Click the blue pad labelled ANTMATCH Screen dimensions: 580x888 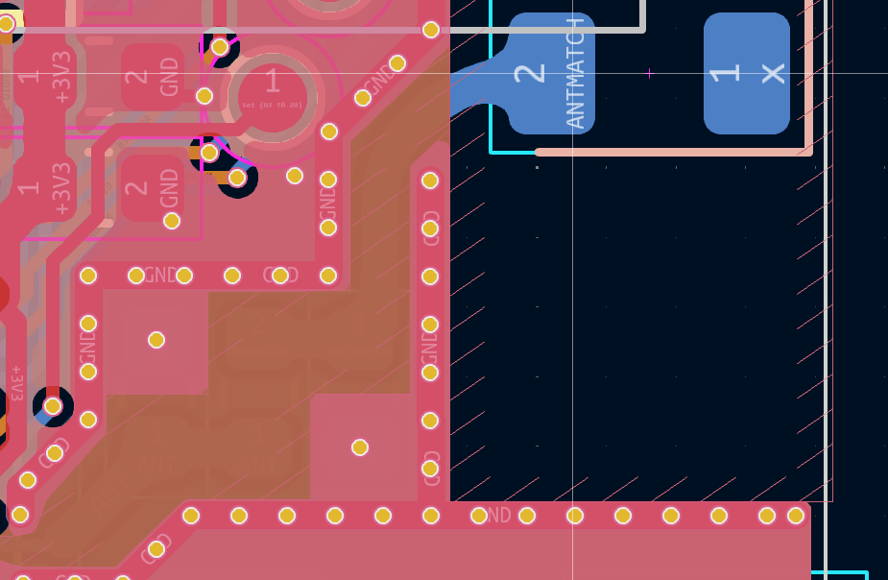point(551,73)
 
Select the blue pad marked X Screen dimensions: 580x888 point(746,73)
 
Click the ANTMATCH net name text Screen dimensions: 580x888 point(575,73)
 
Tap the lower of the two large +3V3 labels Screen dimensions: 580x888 point(62,188)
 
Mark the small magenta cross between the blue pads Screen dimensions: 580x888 point(650,73)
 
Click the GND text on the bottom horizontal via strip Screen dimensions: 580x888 point(497,516)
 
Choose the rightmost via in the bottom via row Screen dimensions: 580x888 point(795,516)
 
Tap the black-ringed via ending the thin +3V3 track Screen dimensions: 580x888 point(53,406)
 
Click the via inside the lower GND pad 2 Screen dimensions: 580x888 point(172,221)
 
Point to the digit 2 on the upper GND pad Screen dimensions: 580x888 point(137,77)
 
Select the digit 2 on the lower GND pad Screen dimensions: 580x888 point(137,188)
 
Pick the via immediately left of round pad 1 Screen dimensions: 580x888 point(204,96)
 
